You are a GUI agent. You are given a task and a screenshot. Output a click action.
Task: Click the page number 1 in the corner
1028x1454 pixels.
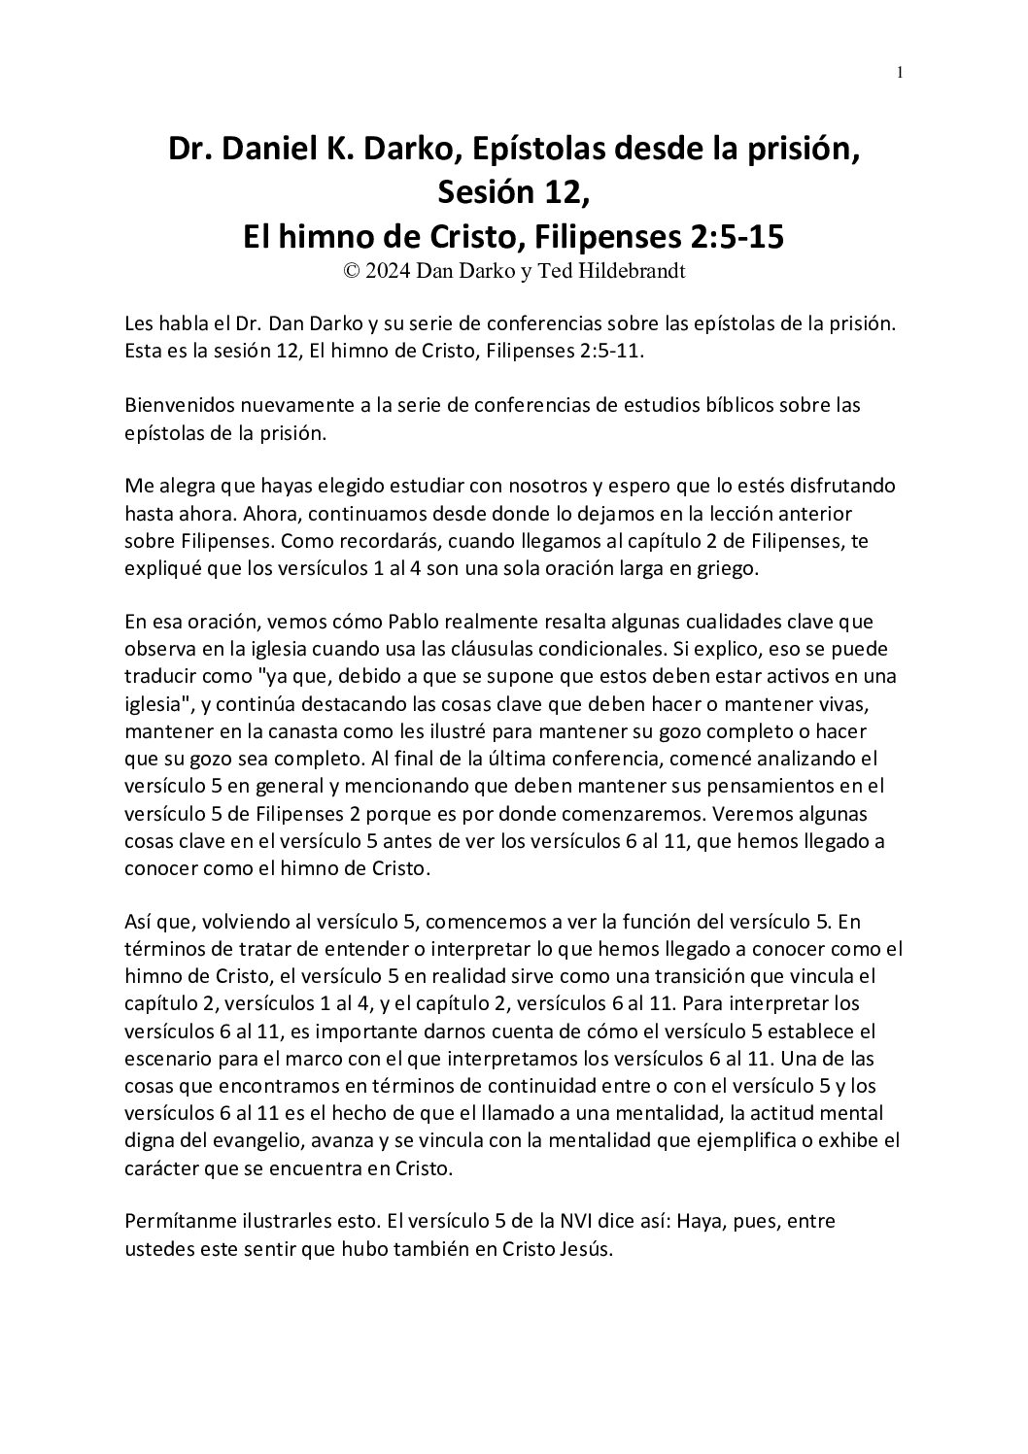click(x=901, y=72)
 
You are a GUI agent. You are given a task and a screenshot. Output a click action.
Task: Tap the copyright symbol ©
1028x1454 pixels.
click(x=352, y=272)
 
